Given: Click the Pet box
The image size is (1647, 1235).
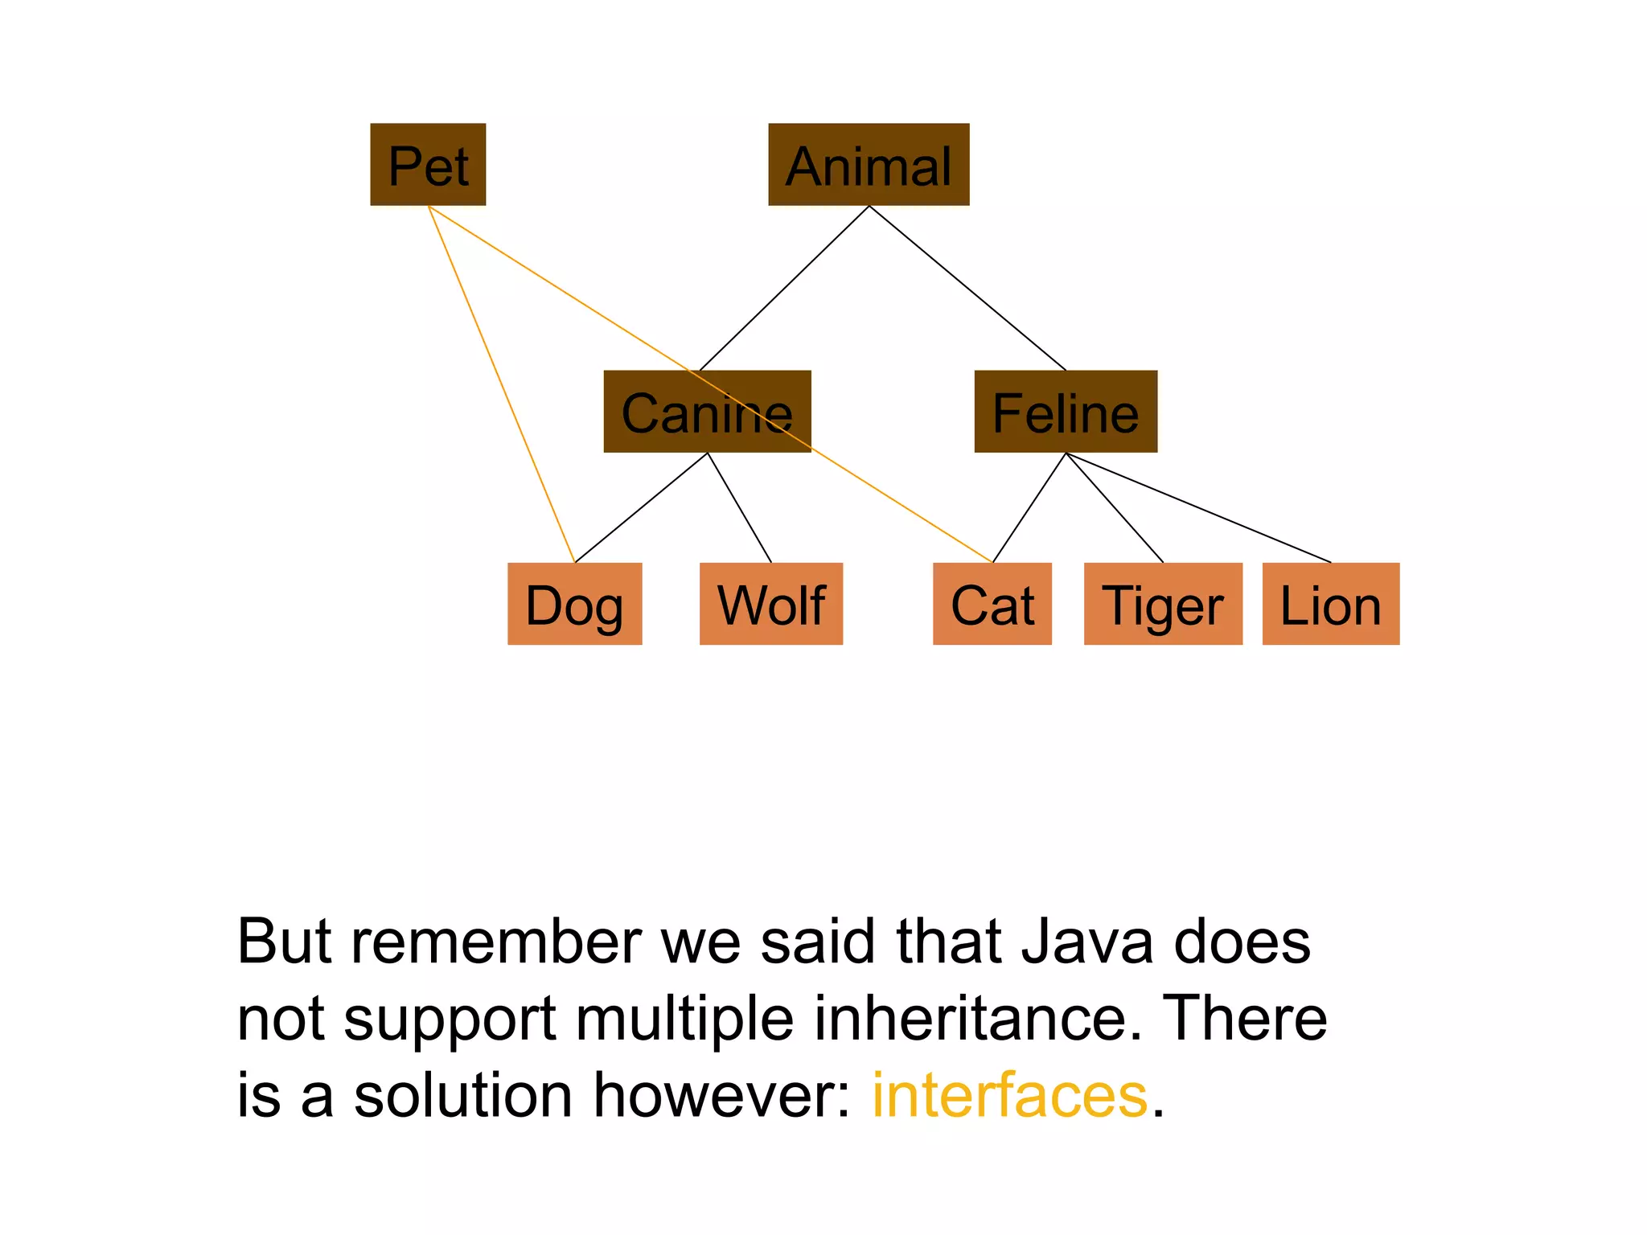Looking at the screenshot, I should coord(428,165).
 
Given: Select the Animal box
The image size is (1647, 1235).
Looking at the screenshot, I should coord(869,165).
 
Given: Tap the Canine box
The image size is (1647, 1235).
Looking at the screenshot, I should coord(707,412).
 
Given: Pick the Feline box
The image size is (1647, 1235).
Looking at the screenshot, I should coord(1066,412).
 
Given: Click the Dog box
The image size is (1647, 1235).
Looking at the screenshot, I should coord(574,604).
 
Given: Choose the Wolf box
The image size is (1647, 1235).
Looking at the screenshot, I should coord(770,604).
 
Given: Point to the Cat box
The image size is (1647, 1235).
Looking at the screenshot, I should coord(992,604).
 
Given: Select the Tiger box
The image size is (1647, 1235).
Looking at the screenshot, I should coord(1163,604).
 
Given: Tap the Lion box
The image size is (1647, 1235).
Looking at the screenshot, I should coord(1330,604).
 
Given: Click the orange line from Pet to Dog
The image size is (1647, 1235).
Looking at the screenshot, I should coord(501,384).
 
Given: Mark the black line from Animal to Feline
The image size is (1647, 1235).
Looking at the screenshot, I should coord(967,288).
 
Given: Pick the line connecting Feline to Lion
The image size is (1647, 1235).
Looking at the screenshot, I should coord(1198,507).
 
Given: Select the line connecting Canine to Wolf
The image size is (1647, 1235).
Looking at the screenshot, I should coord(739,507).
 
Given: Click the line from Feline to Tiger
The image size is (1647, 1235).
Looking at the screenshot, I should coord(1115,507).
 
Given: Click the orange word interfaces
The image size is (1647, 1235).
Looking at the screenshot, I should coord(1010,1095).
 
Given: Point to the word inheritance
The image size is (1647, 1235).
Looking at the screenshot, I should coord(978,1018).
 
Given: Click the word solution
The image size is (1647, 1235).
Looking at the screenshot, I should coord(463,1095).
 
